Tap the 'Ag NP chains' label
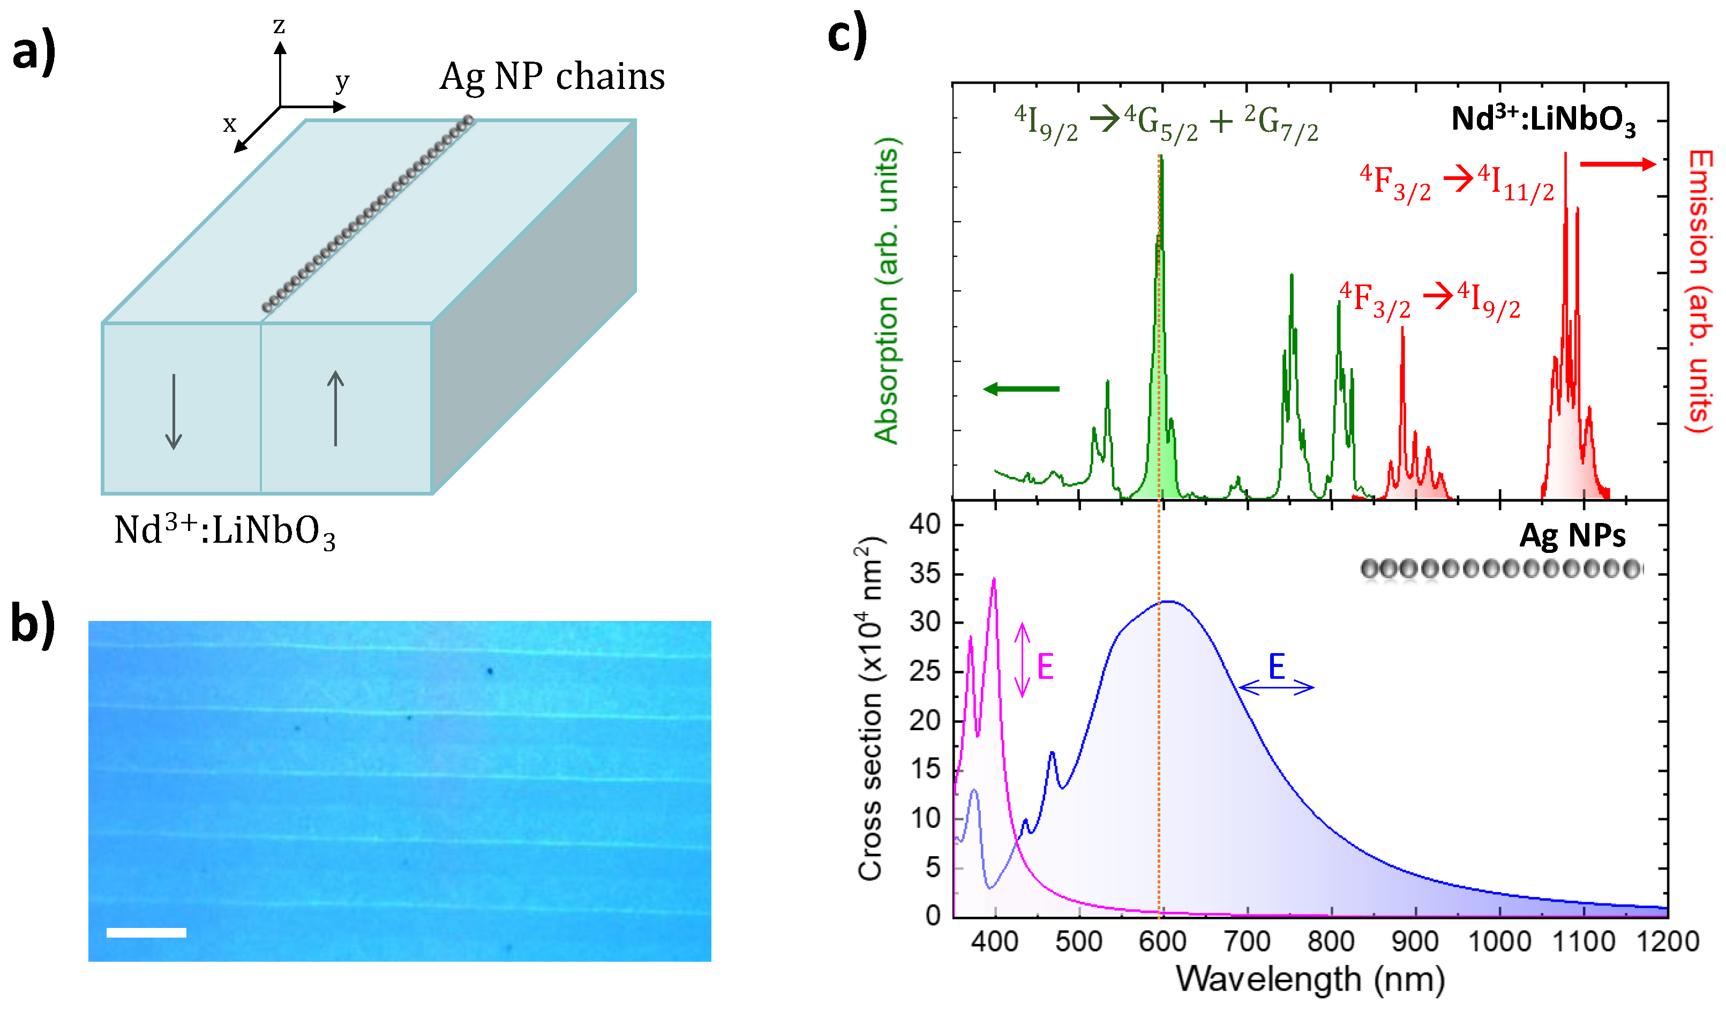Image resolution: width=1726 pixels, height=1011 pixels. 552,76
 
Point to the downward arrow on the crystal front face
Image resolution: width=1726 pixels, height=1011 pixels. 174,411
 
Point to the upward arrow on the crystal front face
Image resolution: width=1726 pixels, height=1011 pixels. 335,408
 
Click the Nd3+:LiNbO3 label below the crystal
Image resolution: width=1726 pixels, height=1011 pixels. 224,531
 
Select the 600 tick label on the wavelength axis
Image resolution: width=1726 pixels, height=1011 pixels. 1162,942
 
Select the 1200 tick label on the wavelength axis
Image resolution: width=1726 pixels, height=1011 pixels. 1667,942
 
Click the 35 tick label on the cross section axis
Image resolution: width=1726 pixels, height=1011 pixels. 925,573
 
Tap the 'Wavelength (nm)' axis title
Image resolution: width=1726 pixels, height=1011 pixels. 1310,979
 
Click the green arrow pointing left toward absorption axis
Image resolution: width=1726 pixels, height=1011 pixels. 1021,389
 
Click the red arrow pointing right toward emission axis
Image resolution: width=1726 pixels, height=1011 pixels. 1618,164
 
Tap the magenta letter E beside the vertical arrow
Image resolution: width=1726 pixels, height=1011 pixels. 1045,666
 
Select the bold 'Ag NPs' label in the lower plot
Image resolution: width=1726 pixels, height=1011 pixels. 1572,536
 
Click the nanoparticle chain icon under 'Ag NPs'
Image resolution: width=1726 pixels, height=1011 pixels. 1502,568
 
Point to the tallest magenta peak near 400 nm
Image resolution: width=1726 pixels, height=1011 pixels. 993,581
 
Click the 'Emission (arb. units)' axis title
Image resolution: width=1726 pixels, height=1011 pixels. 1699,291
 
